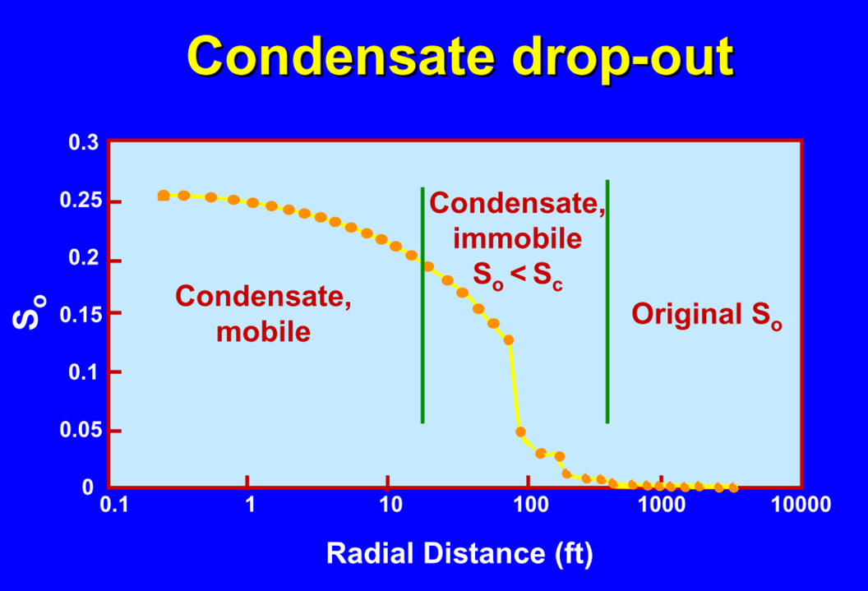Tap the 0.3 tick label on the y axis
tap(83, 143)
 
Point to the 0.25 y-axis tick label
tap(78, 201)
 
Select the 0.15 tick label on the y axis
tap(78, 314)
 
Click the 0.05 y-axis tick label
tap(78, 431)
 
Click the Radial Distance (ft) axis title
tap(459, 553)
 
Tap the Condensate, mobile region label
tap(264, 313)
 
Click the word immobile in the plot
tap(518, 239)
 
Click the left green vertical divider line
tap(422, 345)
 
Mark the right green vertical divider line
tap(607, 345)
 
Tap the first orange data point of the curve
tap(164, 196)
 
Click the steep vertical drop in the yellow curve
tap(515, 386)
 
